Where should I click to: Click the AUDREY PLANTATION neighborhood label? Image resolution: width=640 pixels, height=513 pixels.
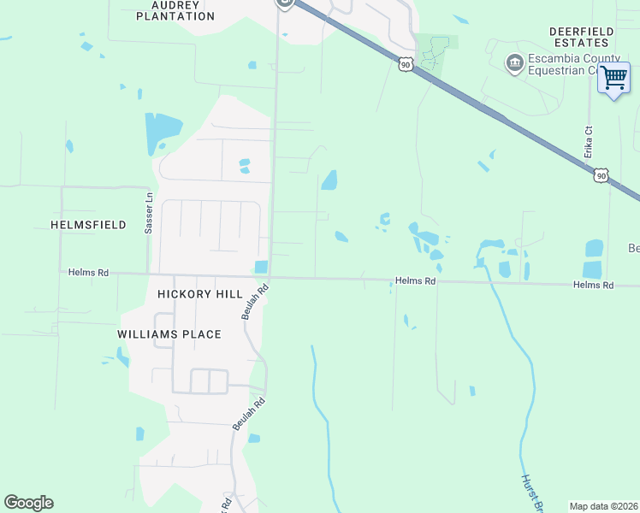[181, 10]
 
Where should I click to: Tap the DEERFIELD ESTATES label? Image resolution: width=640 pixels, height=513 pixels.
[581, 36]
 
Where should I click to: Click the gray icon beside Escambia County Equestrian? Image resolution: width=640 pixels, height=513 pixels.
[514, 62]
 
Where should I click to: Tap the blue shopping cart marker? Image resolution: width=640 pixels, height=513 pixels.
[613, 78]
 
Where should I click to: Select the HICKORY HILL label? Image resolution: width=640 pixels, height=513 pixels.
[200, 293]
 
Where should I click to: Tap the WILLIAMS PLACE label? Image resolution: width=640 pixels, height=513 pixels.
[169, 334]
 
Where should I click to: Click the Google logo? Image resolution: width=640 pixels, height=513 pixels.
[28, 503]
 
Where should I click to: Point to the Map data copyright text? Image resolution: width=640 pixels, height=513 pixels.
[604, 506]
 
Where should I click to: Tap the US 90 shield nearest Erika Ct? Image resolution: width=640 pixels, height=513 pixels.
[601, 174]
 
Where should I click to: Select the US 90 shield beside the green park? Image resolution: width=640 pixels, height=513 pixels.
[406, 63]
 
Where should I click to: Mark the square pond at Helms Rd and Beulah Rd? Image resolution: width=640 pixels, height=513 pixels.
[261, 267]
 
